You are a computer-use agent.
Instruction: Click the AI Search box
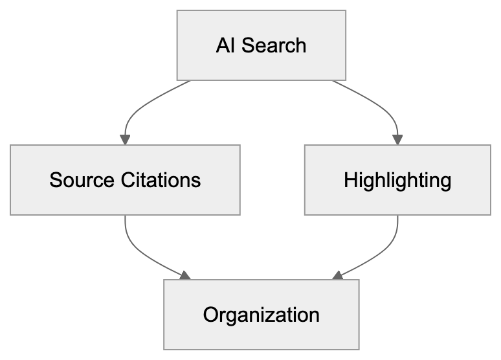[262, 46]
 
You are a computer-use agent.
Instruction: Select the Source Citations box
[125, 179]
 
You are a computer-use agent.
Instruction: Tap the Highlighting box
[397, 179]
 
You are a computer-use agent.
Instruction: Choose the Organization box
[261, 315]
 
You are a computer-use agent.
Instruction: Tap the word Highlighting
[397, 179]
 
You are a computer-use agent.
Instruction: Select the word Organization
[261, 315]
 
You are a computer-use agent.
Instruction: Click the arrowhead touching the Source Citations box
[125, 140]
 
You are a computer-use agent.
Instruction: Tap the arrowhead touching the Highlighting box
[397, 140]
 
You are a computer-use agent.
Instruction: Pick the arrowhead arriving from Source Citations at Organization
[185, 276]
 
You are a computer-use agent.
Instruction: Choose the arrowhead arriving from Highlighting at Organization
[337, 276]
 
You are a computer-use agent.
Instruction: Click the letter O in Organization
[210, 315]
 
